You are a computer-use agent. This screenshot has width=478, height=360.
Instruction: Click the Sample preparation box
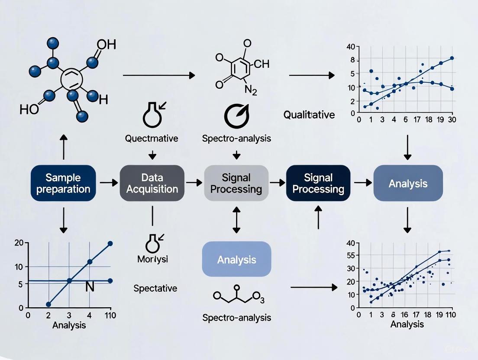coord(63,183)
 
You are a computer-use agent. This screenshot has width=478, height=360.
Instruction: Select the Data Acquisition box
coord(152,183)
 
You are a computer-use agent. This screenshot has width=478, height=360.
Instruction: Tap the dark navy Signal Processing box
coord(318,183)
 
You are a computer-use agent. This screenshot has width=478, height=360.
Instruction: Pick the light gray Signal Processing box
coord(236,183)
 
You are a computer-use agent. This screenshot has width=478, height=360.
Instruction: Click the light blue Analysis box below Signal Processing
coord(236,260)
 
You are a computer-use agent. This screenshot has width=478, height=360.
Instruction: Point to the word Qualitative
coord(309,115)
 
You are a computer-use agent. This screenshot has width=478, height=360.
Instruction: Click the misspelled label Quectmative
coord(152,138)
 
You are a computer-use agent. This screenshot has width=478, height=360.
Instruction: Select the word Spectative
coord(155,288)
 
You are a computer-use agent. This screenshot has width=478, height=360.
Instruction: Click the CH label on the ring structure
coord(261,64)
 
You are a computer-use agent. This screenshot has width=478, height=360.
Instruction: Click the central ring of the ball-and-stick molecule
coord(69,79)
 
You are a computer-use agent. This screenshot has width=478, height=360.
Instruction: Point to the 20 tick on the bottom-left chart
coord(18,243)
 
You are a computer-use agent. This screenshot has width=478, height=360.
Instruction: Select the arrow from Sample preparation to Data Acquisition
coord(108,183)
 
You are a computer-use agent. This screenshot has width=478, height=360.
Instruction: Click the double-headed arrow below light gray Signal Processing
coord(236,220)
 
